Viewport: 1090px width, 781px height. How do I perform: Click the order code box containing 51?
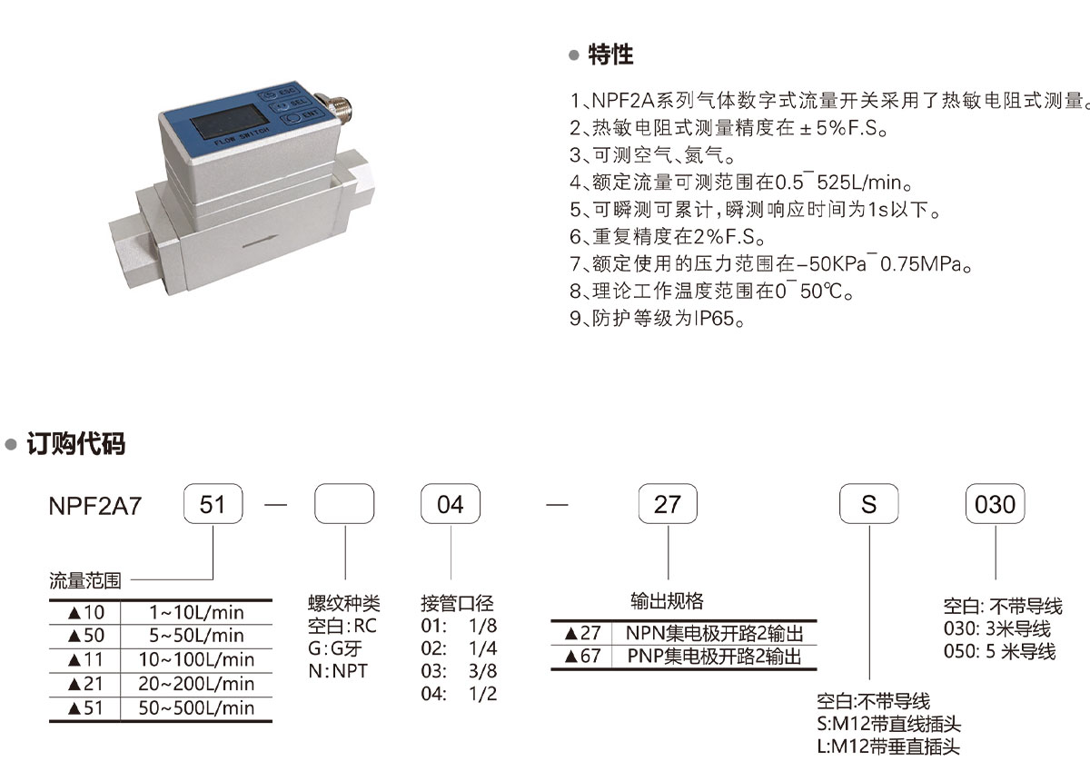coord(213,504)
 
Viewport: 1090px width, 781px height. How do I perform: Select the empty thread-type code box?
coord(344,504)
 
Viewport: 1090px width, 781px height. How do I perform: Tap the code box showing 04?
coord(451,504)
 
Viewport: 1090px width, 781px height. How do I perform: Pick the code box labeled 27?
coord(668,504)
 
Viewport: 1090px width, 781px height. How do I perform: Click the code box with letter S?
coord(869,504)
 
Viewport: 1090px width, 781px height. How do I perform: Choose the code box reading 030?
coord(996,504)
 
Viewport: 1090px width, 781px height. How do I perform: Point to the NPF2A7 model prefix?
coord(94,506)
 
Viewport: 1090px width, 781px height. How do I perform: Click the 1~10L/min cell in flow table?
coord(196,612)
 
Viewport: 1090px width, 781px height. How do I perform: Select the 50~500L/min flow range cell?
coord(196,708)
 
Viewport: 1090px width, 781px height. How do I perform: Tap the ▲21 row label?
coord(85,684)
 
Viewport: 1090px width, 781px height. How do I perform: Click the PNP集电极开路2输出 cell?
coord(714,657)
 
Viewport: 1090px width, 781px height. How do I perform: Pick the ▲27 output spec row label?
coord(582,633)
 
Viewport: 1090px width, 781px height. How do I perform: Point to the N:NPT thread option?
coord(338,671)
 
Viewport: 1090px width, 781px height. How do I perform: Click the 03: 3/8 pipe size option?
coord(459,671)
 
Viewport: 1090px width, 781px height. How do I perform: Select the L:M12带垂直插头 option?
coord(888,746)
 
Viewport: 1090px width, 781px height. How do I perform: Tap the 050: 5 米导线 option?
coord(999,651)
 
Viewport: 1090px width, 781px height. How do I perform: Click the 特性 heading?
coord(610,54)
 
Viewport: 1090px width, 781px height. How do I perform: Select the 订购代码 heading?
coord(76,443)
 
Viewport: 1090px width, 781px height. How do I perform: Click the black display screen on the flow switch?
coord(229,121)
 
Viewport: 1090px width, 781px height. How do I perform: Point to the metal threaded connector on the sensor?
coord(335,111)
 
